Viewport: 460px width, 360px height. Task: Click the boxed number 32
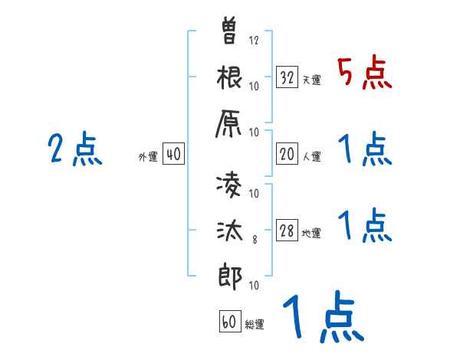287,77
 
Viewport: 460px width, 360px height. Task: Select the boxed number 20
287,154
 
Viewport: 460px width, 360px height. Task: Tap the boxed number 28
287,231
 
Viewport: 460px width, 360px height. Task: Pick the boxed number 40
173,154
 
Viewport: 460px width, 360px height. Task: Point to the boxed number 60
229,322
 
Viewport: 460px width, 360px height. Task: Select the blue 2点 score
75,149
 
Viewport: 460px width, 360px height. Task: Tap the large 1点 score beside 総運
322,319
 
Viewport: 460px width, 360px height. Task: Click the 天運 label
311,80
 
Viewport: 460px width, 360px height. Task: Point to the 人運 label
311,156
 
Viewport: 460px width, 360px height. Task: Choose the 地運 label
311,234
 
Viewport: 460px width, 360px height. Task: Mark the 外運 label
147,156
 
